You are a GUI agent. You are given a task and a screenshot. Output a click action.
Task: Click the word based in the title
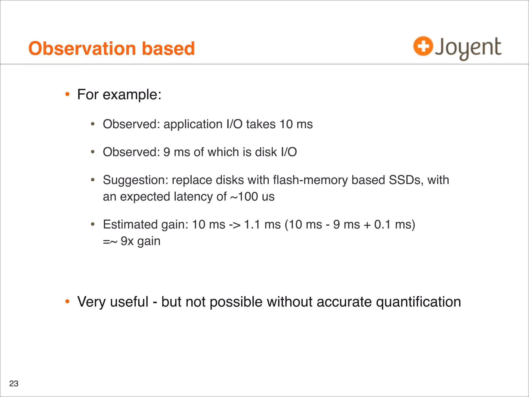click(x=168, y=49)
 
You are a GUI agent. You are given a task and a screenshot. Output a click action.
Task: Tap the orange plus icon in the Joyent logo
click(x=423, y=46)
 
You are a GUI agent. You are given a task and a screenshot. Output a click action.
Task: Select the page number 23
click(x=14, y=384)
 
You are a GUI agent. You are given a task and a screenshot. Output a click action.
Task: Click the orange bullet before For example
click(x=67, y=94)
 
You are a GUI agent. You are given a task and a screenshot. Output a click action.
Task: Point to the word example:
click(x=132, y=95)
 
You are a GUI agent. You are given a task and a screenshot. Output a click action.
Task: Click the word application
click(x=193, y=124)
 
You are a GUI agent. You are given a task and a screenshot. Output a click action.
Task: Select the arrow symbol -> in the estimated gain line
click(x=235, y=225)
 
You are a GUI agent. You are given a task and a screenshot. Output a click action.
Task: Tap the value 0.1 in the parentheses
click(x=382, y=225)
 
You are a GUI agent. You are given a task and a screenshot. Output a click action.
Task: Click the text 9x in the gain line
click(x=127, y=241)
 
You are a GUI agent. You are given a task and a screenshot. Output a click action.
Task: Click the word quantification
click(x=418, y=302)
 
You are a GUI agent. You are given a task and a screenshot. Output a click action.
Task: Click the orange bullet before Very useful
click(x=67, y=301)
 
